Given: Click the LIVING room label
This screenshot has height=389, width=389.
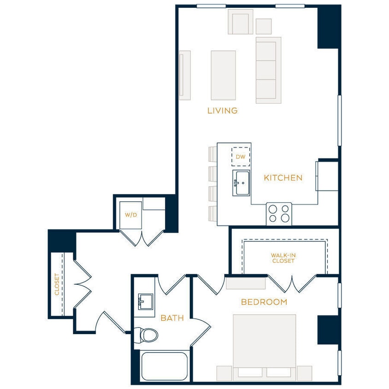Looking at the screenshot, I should coord(222,111).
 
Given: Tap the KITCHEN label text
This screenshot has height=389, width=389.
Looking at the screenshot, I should coord(283,178).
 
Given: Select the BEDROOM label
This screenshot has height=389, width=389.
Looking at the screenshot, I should coord(264,302).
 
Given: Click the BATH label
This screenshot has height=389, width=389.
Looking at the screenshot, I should coord(172,318).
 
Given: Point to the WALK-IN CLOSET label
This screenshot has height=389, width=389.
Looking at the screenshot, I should coord(283,258).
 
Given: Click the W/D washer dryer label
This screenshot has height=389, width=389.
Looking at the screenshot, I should coord(131,215).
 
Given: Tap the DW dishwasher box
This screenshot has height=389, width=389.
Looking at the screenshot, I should coord(241,157).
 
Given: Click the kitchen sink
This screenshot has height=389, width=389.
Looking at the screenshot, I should coord(241,183).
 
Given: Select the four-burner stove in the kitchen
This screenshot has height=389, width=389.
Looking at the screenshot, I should coord(279,214).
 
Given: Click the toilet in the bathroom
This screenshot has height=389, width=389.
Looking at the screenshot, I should coord(147,335).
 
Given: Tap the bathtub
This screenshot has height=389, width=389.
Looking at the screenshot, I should coord(164,366).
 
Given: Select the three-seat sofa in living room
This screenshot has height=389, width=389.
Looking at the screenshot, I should coord(268,70).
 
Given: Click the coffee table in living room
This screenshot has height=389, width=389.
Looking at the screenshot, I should coord(223,75).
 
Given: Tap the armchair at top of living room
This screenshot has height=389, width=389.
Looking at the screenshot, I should coord(240,22).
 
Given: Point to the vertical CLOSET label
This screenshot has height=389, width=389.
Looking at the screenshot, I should coord(57,284).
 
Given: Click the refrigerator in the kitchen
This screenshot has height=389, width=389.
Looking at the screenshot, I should coord(327,176).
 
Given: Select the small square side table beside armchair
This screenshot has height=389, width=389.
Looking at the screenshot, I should coord(264,26).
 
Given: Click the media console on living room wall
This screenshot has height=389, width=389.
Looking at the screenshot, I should coord(185,75).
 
